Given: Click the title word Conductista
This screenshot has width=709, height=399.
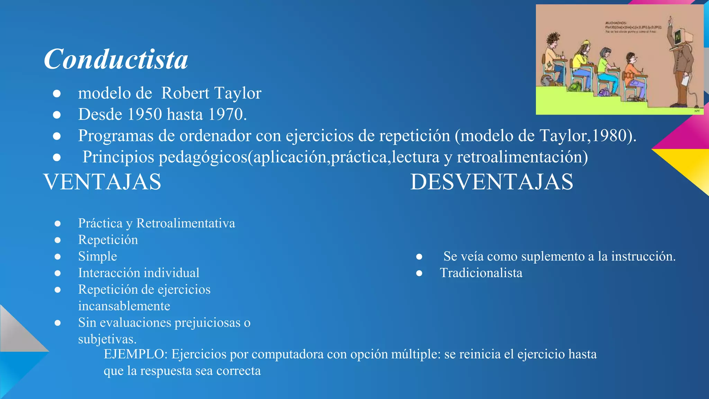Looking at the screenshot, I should [x=116, y=59].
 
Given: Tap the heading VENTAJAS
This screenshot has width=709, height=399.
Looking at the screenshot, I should [x=102, y=182].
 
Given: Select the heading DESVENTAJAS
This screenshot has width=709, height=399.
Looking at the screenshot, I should [x=492, y=182].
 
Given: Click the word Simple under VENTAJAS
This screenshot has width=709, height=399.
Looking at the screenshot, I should [x=98, y=256].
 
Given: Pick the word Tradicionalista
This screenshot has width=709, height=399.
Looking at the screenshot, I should [x=481, y=273].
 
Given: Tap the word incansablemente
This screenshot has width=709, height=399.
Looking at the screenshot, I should [x=124, y=306].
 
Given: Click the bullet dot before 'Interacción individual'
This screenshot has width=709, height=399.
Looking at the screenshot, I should [x=58, y=273].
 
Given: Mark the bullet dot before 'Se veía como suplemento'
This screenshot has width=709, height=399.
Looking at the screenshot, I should [x=419, y=257].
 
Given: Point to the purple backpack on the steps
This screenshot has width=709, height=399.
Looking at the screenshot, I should [x=604, y=92].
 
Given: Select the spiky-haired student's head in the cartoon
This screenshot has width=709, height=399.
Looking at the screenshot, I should [x=553, y=39].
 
